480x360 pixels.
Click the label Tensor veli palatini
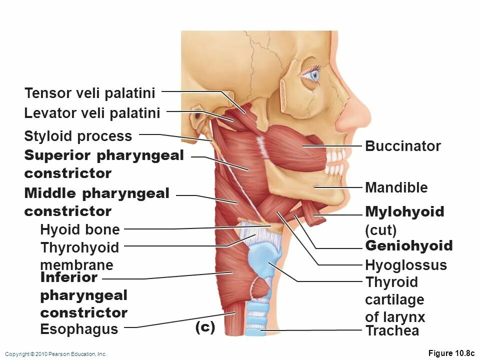[x=90, y=93]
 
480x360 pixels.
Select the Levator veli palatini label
[x=92, y=113]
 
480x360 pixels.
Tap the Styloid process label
[x=78, y=136]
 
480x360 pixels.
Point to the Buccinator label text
[x=403, y=146]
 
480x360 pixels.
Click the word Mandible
[x=396, y=188]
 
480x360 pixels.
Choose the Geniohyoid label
[x=409, y=246]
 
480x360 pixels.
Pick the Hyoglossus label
[x=406, y=265]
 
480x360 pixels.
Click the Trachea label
[x=392, y=330]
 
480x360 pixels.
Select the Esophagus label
[x=79, y=329]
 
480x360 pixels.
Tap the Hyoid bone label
[x=80, y=230]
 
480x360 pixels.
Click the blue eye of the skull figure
[x=313, y=75]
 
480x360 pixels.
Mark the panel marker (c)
[x=205, y=327]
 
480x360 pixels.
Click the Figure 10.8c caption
[x=451, y=353]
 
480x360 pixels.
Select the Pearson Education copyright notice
[x=56, y=354]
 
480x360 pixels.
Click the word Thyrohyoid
[x=80, y=248]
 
